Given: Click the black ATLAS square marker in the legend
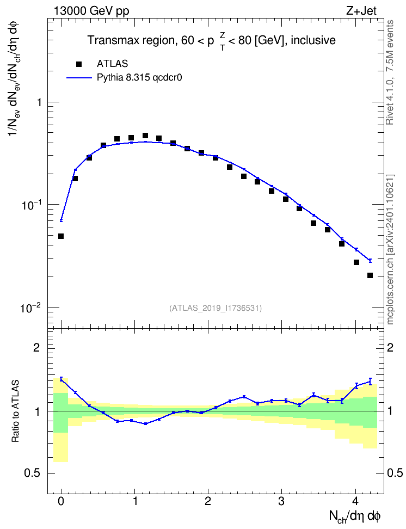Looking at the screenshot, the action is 79,64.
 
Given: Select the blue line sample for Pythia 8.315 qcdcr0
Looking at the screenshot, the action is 79,78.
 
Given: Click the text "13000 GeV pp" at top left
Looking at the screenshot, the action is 91,11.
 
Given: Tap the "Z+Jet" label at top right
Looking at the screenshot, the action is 361,11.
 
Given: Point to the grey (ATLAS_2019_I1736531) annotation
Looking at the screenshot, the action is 216,307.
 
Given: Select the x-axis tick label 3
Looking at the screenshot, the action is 281,501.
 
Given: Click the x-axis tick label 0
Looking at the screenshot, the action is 61,501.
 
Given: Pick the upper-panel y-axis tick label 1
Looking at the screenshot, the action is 39,102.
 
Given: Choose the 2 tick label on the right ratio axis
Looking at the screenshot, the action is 390,347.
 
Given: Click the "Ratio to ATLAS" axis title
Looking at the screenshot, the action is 16,411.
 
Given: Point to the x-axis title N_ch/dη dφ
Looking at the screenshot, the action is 355,516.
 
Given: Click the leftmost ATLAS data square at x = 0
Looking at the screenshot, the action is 61,236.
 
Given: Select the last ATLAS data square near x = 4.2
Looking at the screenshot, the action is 370,275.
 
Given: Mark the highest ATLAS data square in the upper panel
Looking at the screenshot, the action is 145,136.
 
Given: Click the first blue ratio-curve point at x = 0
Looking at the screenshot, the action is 61,379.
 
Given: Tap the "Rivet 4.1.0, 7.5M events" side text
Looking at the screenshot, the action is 390,72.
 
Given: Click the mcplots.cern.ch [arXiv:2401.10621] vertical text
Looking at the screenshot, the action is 390,250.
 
